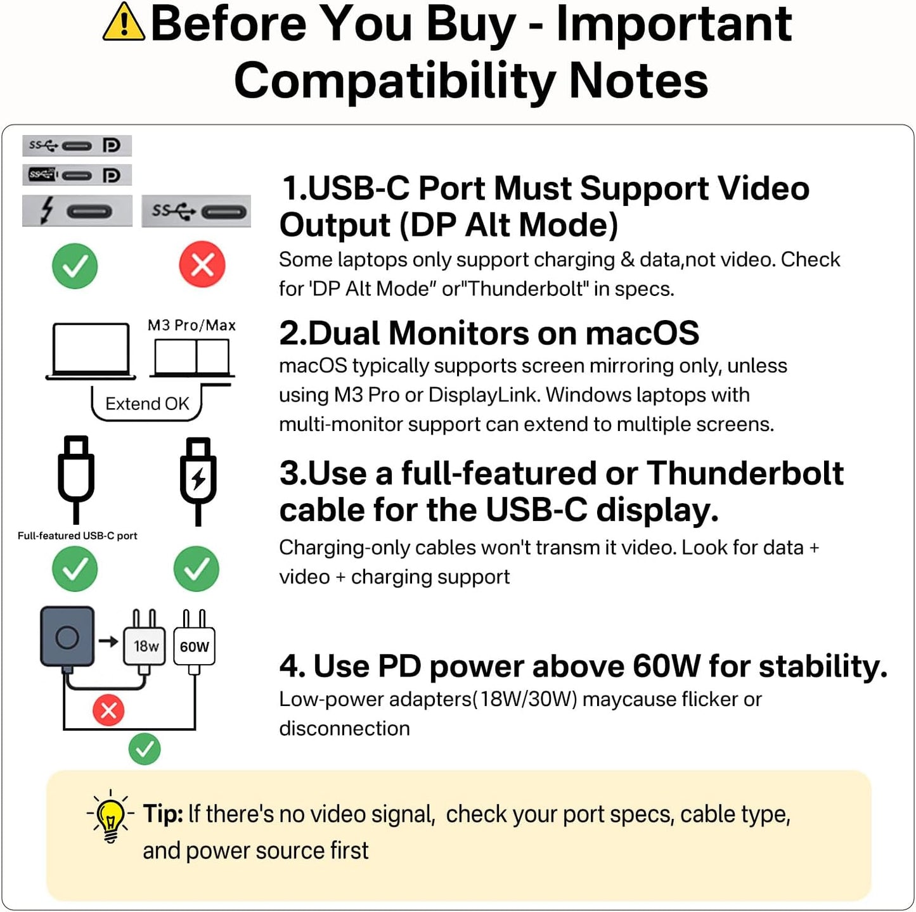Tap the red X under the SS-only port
tap(202, 265)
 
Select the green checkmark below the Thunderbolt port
tap(75, 266)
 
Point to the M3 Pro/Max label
tap(191, 326)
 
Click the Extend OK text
tap(147, 404)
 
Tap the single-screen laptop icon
tap(91, 351)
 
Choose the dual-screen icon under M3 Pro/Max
tap(192, 358)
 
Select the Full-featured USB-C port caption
tap(77, 536)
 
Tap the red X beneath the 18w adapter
tap(108, 710)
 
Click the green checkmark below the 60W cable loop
tap(145, 749)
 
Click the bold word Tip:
tap(163, 814)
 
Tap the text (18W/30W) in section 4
tap(525, 699)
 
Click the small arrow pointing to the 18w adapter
tap(108, 641)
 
